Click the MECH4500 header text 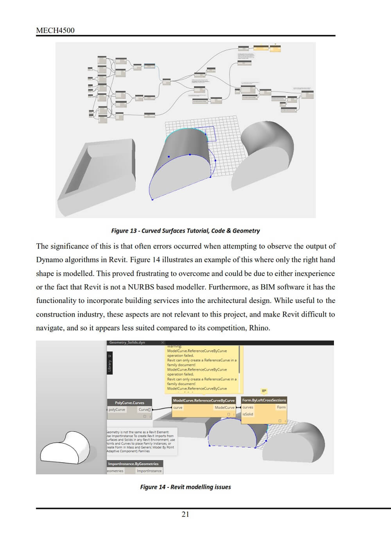pyautogui.click(x=55, y=30)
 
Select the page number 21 pyautogui.click(x=185, y=514)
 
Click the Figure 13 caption pyautogui.click(x=185, y=231)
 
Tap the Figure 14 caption pyautogui.click(x=185, y=487)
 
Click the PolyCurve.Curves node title pyautogui.click(x=129, y=403)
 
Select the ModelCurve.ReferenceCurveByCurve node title pyautogui.click(x=204, y=400)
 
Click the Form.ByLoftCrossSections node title pyautogui.click(x=264, y=400)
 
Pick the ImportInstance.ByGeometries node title pyautogui.click(x=133, y=464)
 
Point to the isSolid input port pyautogui.click(x=248, y=414)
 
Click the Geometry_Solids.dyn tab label pyautogui.click(x=127, y=343)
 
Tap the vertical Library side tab pyautogui.click(x=110, y=363)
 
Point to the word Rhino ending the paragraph pyautogui.click(x=259, y=328)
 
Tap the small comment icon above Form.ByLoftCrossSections pyautogui.click(x=264, y=391)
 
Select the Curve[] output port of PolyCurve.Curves pyautogui.click(x=144, y=410)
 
